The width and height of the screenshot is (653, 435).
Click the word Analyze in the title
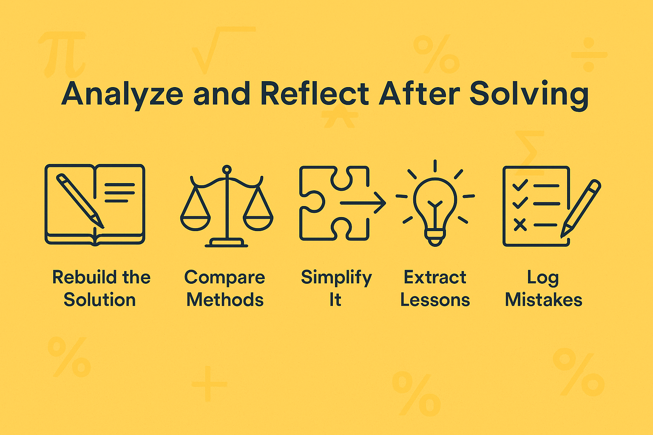[122, 94]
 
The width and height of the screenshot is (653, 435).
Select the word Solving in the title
[529, 94]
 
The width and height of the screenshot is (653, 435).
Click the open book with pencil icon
[95, 204]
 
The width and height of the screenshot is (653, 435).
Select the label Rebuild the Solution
[101, 288]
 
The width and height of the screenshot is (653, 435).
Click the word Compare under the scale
[224, 278]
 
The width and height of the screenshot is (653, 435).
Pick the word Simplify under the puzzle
[336, 278]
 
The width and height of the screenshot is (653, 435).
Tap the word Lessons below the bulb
[435, 300]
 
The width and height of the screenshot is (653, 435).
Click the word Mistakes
[543, 300]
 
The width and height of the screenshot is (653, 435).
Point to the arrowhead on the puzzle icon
[380, 203]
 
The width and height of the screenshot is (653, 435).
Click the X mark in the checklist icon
[520, 224]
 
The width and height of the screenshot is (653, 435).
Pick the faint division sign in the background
[589, 54]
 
